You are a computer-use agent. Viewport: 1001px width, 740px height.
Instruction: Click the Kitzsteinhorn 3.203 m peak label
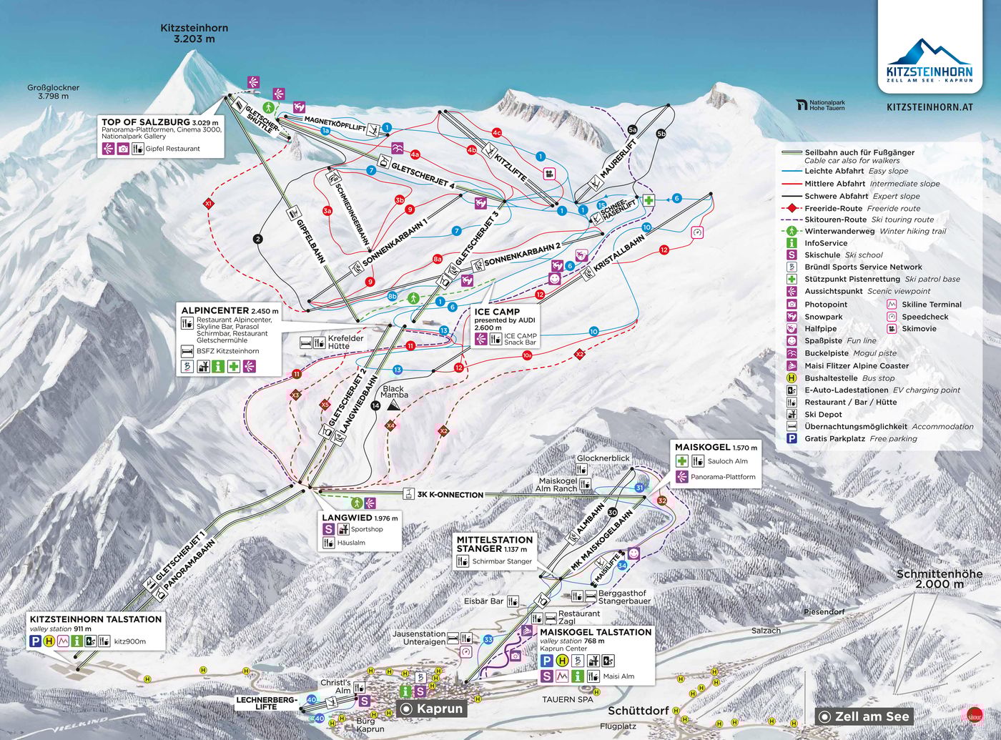point(194,34)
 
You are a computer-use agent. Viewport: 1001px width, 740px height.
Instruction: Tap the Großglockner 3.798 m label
point(54,92)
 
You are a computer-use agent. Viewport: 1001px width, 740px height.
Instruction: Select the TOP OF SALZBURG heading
point(146,122)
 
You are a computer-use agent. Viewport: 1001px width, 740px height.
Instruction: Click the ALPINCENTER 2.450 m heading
point(229,311)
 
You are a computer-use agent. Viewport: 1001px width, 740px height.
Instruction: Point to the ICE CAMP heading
point(497,312)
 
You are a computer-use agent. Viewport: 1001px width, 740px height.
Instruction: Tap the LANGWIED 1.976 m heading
point(360,518)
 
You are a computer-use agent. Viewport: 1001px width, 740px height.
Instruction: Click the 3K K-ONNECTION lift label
point(450,495)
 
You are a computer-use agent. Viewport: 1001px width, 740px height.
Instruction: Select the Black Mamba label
point(394,392)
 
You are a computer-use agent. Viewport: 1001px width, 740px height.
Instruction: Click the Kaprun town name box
point(432,709)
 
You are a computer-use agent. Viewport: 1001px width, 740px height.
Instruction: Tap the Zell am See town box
point(864,716)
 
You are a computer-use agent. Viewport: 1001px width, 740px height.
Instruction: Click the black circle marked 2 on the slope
point(258,240)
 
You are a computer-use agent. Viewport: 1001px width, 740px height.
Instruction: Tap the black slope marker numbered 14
point(376,406)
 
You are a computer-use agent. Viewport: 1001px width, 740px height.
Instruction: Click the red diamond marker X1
point(209,204)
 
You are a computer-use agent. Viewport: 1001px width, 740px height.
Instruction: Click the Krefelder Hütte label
point(345,342)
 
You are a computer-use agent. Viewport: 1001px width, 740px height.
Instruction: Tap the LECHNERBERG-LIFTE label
point(266,703)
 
